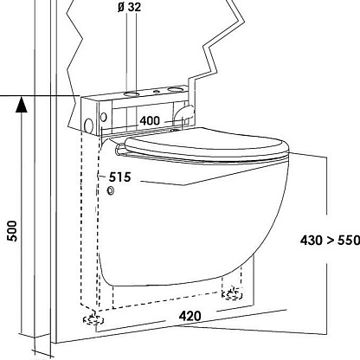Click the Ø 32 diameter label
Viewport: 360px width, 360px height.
click(x=130, y=7)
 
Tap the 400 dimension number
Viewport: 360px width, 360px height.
click(x=150, y=120)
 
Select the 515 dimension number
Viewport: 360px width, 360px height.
click(x=119, y=177)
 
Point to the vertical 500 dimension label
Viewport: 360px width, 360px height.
click(x=13, y=231)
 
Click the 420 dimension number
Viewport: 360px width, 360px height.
click(x=190, y=316)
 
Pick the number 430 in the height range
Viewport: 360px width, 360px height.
click(x=312, y=240)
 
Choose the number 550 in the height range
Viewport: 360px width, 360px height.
click(x=349, y=240)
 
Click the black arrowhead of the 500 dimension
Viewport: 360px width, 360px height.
click(x=22, y=105)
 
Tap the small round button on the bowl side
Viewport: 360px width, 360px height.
click(x=111, y=190)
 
